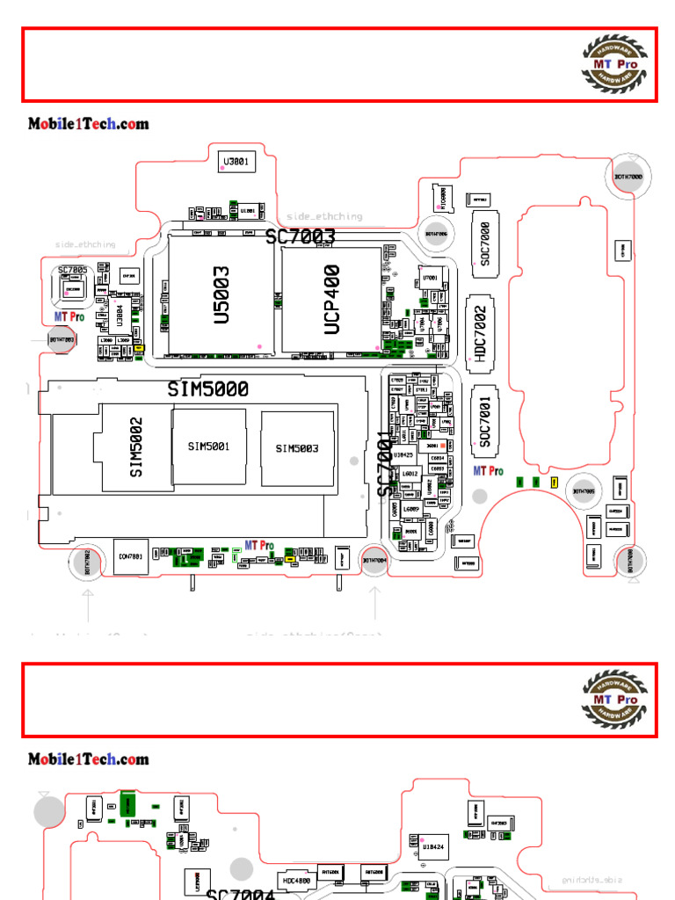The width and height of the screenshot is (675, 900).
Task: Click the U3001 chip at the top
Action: click(x=236, y=162)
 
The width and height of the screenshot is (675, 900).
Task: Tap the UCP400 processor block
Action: click(x=331, y=299)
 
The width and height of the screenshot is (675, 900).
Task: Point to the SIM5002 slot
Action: click(x=135, y=447)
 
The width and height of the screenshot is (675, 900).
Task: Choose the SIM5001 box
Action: click(x=208, y=446)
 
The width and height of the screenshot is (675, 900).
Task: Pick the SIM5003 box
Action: click(x=297, y=448)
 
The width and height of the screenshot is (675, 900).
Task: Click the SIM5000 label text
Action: click(x=208, y=388)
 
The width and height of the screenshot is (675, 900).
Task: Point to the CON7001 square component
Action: click(x=130, y=556)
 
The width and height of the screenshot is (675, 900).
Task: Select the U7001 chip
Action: click(x=431, y=279)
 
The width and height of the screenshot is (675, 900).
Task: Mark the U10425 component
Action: click(x=403, y=455)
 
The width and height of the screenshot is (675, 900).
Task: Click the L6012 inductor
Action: click(x=410, y=475)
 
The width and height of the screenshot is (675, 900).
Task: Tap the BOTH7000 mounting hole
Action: click(x=628, y=177)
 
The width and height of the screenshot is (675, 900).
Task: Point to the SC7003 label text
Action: click(x=301, y=236)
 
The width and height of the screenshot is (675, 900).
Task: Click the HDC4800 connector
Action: click(x=296, y=880)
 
